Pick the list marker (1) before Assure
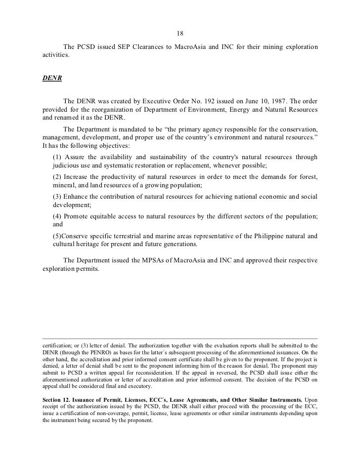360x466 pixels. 57,157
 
